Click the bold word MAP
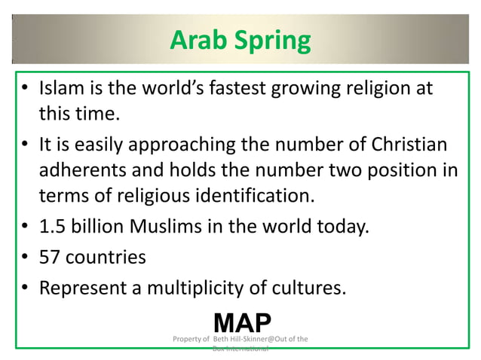tap(242, 322)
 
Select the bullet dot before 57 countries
tap(24, 258)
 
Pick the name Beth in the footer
tap(222, 339)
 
